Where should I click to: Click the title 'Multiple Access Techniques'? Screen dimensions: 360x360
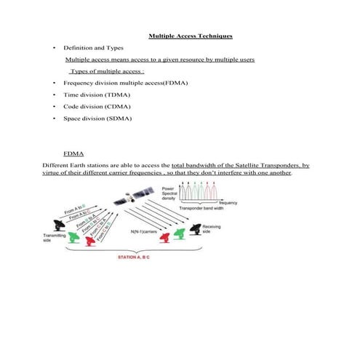pos(191,35)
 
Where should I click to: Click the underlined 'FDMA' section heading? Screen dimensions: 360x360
pos(73,154)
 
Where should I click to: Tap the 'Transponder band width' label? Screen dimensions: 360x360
pos(204,209)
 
